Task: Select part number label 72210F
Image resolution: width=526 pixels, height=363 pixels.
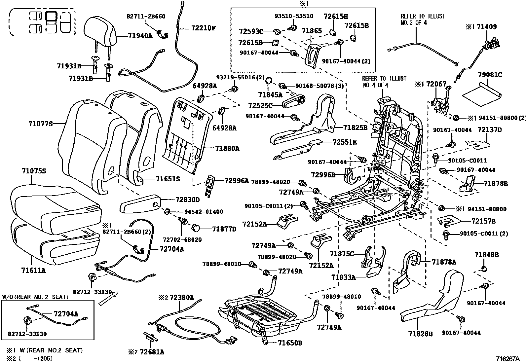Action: tap(203, 28)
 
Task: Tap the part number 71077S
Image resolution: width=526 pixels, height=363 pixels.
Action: tap(40, 124)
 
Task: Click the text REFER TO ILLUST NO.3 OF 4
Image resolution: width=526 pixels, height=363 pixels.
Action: tap(423, 19)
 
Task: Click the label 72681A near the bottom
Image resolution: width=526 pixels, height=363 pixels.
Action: tap(152, 352)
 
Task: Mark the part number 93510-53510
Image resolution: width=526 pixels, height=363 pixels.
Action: tap(294, 16)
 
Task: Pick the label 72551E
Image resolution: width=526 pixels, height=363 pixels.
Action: tap(345, 142)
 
